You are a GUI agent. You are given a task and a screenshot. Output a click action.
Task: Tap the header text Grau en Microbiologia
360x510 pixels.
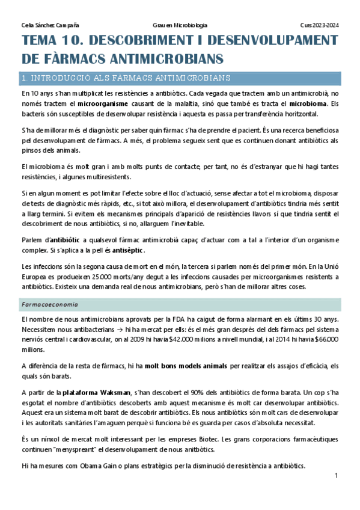tap(180, 25)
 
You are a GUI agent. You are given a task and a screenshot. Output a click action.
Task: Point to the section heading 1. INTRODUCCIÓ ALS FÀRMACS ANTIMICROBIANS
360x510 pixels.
tap(125, 78)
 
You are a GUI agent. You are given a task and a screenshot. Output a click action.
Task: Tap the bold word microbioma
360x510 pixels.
tap(308, 103)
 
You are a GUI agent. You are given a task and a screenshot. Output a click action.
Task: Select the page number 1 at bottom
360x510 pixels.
tap(337, 476)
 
